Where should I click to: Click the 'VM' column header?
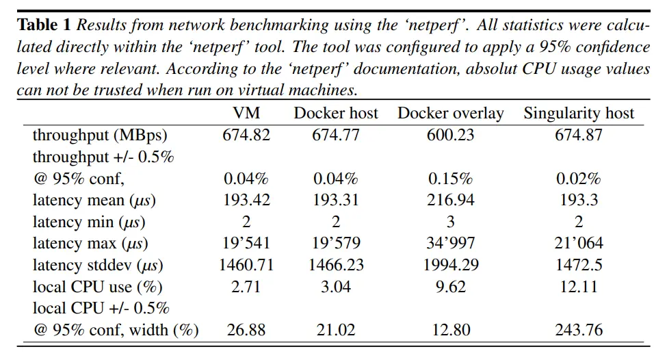coord(246,113)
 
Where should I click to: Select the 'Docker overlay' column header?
coord(450,113)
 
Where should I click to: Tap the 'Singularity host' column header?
coord(579,113)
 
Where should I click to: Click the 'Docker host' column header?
coord(335,113)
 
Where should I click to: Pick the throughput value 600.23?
coord(450,135)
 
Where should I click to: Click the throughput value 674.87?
coord(579,135)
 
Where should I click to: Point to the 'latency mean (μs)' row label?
coord(94,201)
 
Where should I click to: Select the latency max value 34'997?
coord(450,244)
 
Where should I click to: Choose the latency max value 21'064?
coord(579,244)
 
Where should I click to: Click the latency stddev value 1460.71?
coord(246,265)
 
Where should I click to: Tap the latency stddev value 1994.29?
coord(450,265)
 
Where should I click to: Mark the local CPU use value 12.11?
coord(579,287)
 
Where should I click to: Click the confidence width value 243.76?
coord(579,331)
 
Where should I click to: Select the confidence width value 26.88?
coord(246,331)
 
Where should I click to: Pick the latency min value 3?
coord(450,222)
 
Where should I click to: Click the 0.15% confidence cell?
coord(450,179)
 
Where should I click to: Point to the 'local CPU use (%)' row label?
coord(97,287)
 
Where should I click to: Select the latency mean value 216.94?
coord(450,201)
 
